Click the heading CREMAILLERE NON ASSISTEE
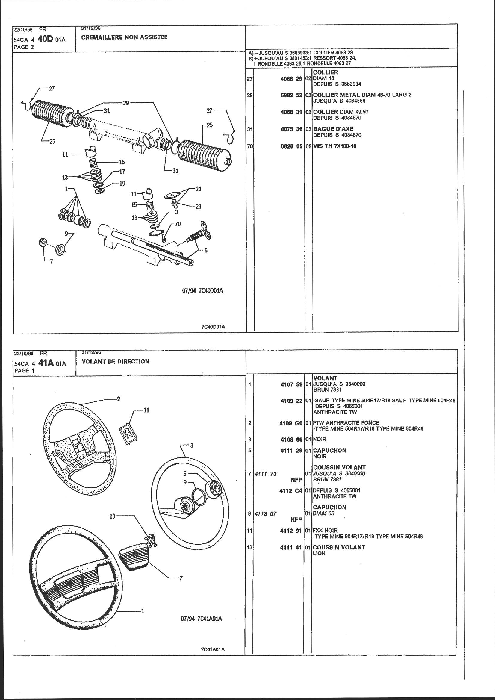point(125,37)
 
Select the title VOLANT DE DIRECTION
point(116,362)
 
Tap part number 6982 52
point(291,95)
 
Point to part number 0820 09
point(291,146)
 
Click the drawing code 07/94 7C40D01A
point(202,290)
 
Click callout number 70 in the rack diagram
point(178,224)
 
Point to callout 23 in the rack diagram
point(198,206)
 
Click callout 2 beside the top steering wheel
point(118,399)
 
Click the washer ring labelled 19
point(99,192)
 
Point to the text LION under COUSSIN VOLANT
point(319,553)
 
